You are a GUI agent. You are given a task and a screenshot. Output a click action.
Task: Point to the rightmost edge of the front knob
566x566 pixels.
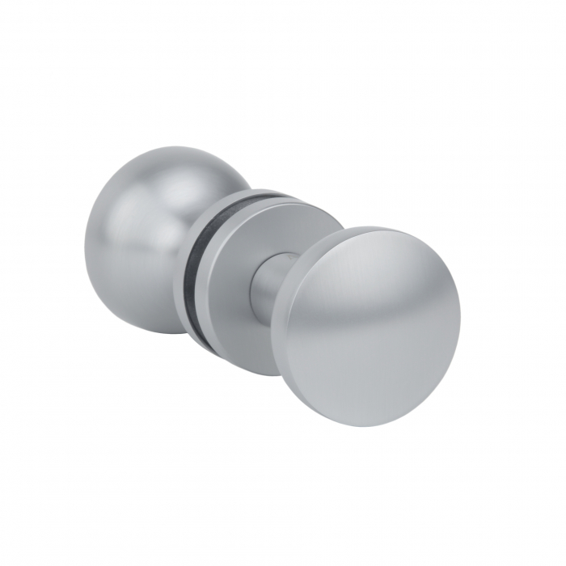460,323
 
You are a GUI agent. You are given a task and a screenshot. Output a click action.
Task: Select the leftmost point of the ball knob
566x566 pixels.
84,243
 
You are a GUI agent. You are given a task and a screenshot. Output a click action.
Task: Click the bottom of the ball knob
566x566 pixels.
154,332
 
